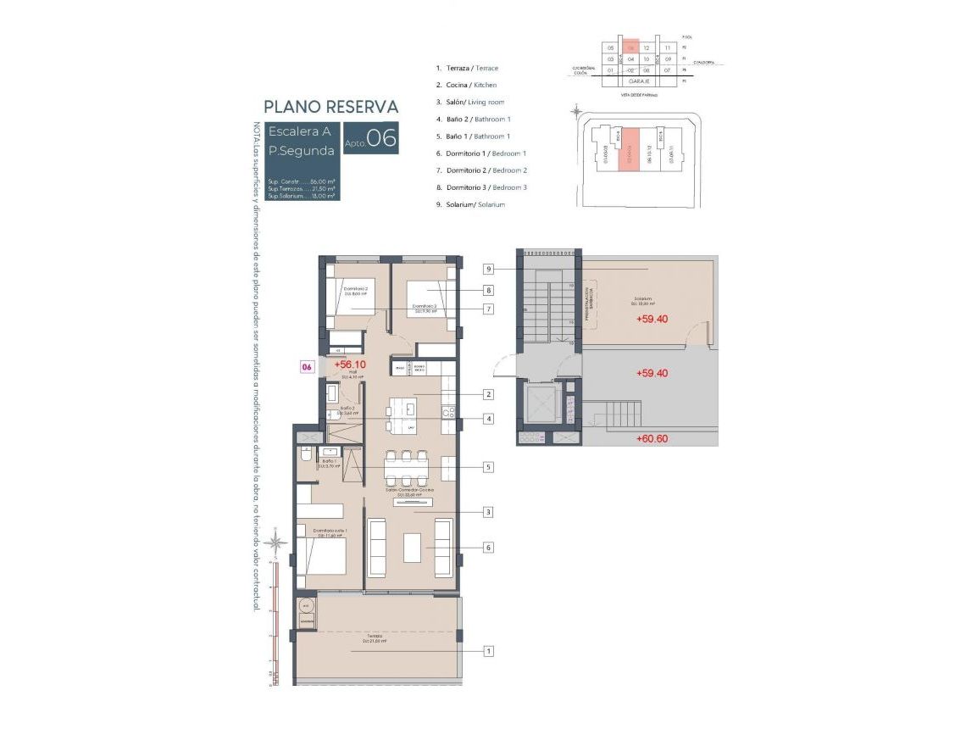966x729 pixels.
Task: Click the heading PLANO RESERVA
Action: pos(330,107)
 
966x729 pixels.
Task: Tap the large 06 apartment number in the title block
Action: pos(381,138)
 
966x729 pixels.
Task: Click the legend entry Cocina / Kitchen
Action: pos(466,85)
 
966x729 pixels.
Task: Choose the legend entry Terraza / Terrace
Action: pos(467,68)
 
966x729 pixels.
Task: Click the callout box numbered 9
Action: pos(489,270)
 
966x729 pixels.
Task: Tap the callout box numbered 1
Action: pos(489,651)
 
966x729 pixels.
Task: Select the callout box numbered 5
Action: pos(489,466)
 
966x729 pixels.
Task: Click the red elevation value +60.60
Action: pos(652,438)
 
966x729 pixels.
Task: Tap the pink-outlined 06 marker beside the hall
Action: pos(308,367)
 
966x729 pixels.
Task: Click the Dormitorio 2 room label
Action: pos(355,289)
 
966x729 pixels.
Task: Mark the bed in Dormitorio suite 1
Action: pos(323,556)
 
